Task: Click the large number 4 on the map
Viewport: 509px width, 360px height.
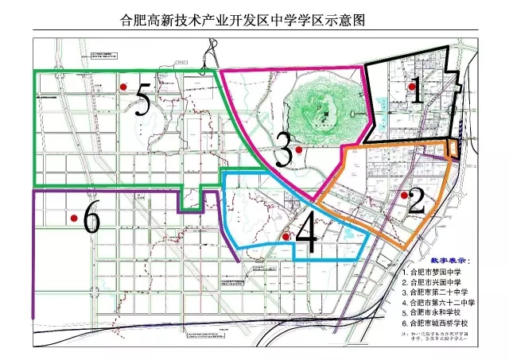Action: coord(305,234)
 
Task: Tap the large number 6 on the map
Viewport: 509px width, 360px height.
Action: coord(91,219)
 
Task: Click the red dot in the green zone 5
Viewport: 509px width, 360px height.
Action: coord(122,87)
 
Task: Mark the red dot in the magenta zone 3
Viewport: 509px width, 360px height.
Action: coord(298,149)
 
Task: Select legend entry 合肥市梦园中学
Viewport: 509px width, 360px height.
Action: coord(437,272)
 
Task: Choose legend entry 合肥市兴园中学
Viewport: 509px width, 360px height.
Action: coord(437,282)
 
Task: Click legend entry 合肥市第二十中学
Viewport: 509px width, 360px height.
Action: coord(440,292)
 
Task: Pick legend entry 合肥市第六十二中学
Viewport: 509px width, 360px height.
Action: coord(442,303)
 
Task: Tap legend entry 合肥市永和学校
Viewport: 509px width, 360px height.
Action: coord(437,313)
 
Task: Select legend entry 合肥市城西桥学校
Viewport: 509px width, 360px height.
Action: coord(440,323)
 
